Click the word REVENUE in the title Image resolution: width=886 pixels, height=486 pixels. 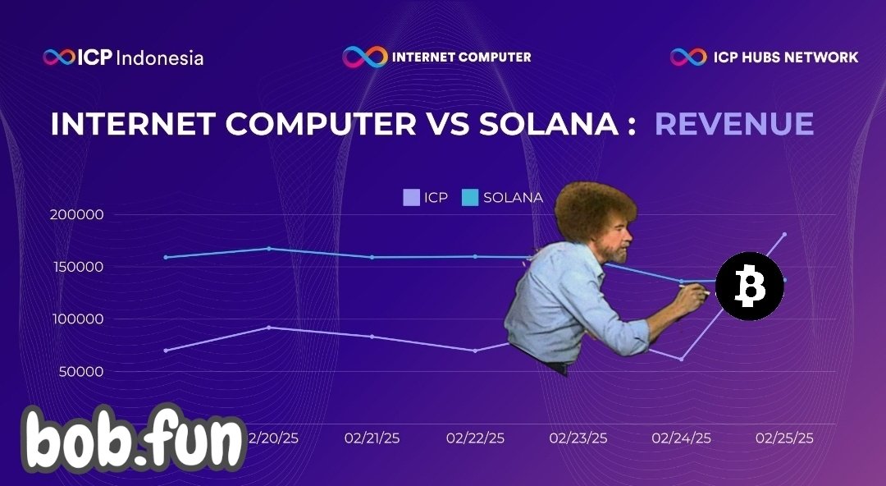734,124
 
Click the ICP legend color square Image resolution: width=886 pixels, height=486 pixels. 410,198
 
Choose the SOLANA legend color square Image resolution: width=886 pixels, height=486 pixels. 470,198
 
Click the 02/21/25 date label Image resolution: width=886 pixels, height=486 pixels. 372,438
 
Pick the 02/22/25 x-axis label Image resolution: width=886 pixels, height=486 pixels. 475,438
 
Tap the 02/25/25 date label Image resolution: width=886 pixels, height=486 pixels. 784,438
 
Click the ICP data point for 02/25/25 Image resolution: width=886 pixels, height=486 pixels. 784,235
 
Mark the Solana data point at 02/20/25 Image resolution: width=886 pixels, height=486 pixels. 269,249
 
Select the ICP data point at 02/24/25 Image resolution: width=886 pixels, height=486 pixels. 681,359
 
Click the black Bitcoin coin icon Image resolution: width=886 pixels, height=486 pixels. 749,286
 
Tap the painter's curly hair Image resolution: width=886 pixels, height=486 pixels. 594,209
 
